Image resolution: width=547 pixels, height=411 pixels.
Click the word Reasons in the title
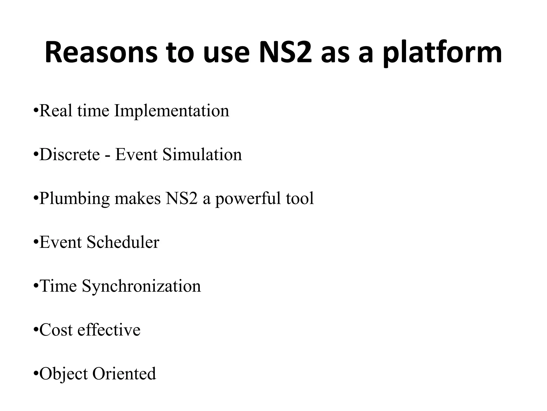[x=101, y=53]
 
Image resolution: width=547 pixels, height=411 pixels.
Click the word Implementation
[x=171, y=111]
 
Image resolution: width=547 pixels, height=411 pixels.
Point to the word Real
[x=56, y=111]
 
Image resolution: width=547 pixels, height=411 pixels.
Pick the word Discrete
[x=69, y=155]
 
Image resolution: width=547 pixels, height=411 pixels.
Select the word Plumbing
[x=74, y=199]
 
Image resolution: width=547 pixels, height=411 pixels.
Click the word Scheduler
[x=123, y=242]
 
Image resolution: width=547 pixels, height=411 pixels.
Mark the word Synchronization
[x=141, y=286]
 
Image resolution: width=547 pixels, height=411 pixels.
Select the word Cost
[x=56, y=330]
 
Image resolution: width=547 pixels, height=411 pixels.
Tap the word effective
[x=109, y=330]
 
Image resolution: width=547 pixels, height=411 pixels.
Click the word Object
[x=63, y=374]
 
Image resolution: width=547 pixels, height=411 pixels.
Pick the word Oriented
[x=124, y=374]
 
